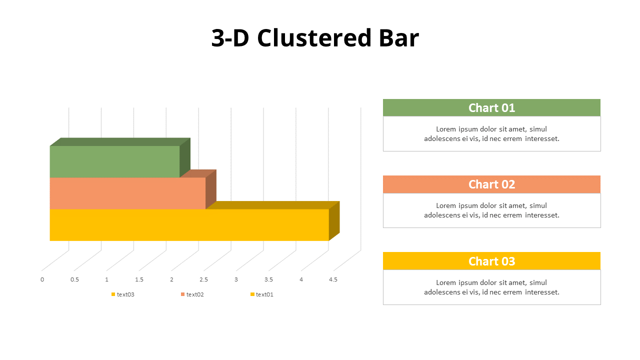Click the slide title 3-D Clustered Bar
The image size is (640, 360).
315,38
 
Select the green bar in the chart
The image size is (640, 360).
114,161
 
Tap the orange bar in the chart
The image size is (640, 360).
127,193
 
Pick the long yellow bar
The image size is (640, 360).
189,225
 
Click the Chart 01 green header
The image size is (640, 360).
491,107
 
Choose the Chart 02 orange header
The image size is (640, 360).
491,184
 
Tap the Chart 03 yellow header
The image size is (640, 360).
491,261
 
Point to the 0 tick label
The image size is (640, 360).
42,279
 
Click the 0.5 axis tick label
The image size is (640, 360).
74,279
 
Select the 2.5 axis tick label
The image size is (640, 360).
204,279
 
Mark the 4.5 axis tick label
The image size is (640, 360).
333,279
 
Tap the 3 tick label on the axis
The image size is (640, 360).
236,279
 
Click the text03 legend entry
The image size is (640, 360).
125,294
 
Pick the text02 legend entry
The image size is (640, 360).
194,294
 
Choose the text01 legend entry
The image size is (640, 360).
264,294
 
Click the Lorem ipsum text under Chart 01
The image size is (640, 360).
491,133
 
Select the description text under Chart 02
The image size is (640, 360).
491,210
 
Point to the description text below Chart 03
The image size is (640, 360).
491,287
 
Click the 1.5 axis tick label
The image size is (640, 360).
139,279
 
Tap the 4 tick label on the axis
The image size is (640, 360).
301,279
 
